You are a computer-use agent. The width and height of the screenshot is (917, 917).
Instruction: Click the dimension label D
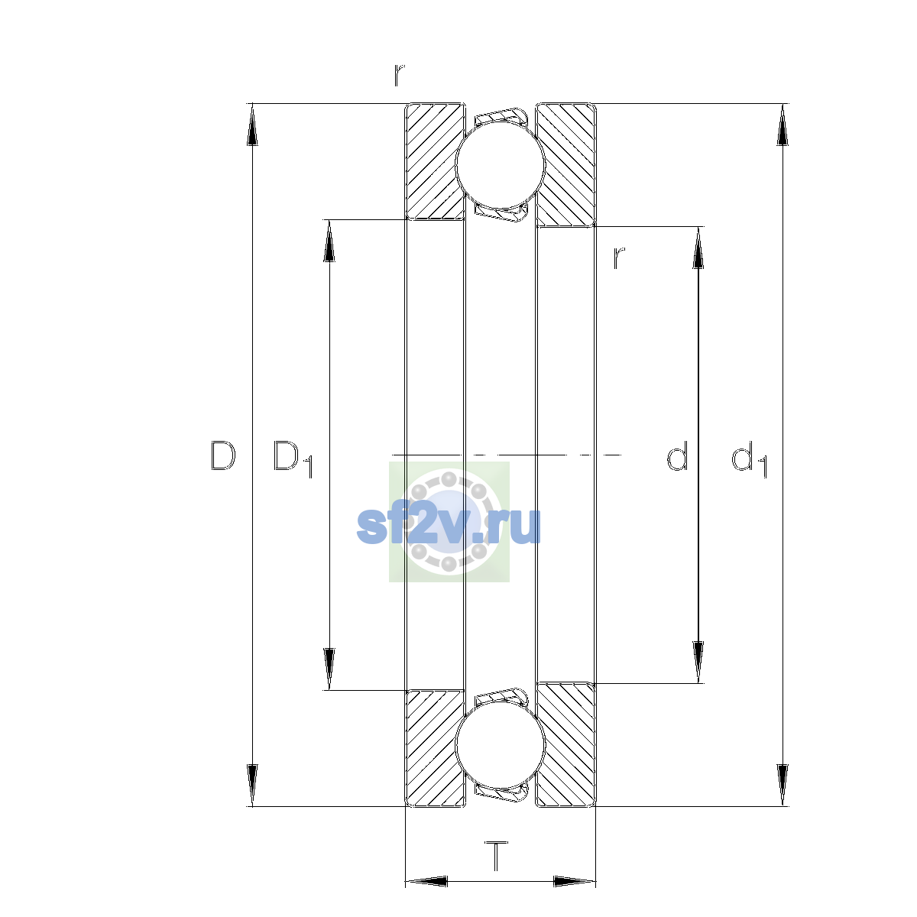(222, 456)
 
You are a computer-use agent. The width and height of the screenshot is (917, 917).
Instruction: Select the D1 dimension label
(293, 458)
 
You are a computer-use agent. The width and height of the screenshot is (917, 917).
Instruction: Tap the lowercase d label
(677, 455)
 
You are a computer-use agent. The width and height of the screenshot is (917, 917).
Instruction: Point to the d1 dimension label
(749, 458)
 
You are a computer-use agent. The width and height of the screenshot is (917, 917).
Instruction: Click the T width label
(497, 856)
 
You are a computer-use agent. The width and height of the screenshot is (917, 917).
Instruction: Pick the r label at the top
(399, 75)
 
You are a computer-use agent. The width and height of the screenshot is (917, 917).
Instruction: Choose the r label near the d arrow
(619, 258)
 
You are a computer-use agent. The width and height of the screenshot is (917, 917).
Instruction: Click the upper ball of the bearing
(500, 164)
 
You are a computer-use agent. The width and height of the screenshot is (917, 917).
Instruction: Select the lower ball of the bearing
(500, 746)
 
